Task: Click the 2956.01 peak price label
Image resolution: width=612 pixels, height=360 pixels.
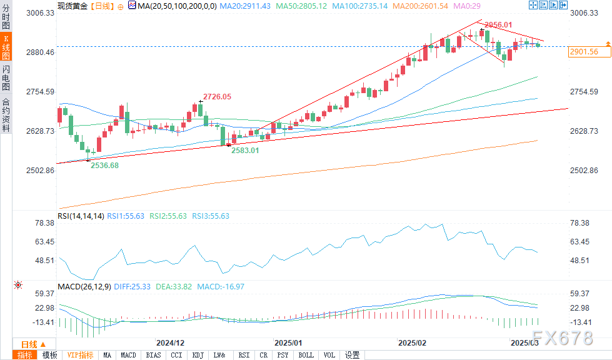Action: click(x=499, y=25)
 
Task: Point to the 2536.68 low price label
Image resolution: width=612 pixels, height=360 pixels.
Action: click(x=104, y=165)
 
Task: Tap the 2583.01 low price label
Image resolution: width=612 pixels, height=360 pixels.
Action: click(x=245, y=151)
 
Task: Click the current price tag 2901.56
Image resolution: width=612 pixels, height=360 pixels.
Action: click(x=584, y=52)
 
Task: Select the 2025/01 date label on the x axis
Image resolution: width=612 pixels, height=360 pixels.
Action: click(x=288, y=342)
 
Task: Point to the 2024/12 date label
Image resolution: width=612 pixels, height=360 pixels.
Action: click(x=170, y=342)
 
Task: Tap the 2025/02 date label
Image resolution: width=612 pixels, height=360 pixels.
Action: click(x=411, y=342)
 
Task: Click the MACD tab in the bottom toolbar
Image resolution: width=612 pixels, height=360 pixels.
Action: click(x=128, y=355)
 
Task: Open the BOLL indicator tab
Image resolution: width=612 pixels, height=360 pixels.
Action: click(x=306, y=355)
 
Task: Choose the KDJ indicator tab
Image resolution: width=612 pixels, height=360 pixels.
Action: click(x=198, y=355)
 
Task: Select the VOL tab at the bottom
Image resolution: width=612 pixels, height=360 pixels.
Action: click(x=328, y=355)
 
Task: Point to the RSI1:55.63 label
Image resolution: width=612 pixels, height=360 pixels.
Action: click(x=126, y=216)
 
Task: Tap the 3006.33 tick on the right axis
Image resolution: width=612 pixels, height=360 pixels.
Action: click(x=585, y=13)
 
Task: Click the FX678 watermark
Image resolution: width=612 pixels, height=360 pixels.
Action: click(x=563, y=338)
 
